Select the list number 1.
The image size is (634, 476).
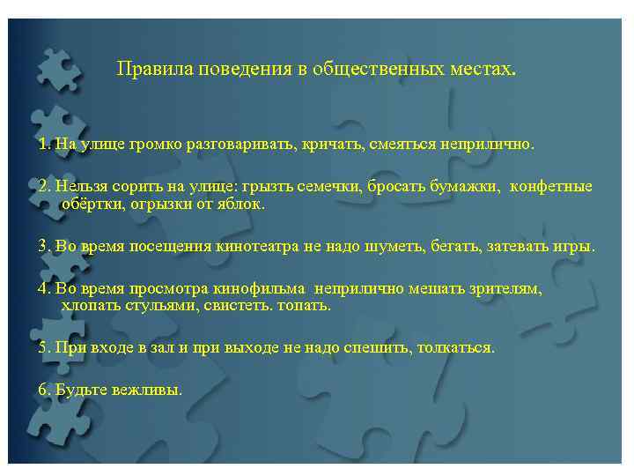(44, 143)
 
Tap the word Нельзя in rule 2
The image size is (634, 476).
(78, 187)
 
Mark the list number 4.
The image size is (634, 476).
(44, 289)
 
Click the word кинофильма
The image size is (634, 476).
(259, 289)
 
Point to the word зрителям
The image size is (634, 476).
(508, 289)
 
